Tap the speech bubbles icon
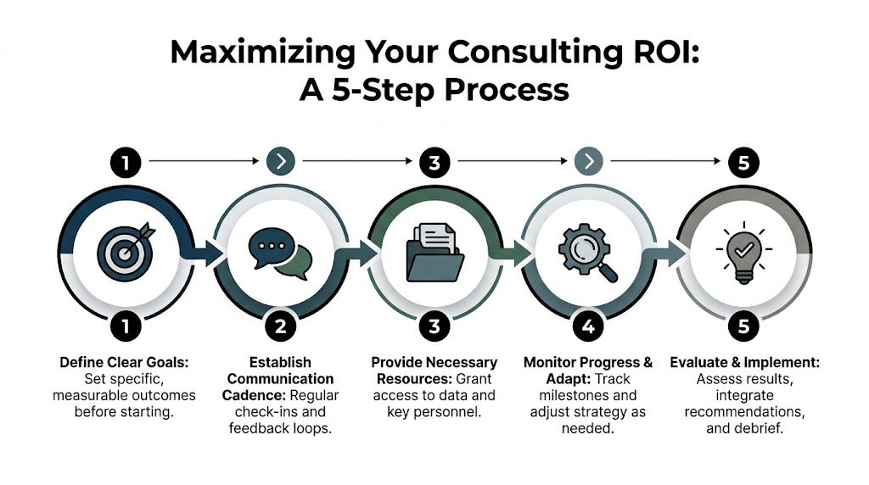pos(280,252)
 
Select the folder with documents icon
pos(434,249)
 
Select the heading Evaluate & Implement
pos(744,362)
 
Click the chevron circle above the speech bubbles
pos(279,161)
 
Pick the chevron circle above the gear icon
pos(589,161)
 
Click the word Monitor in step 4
pos(549,362)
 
